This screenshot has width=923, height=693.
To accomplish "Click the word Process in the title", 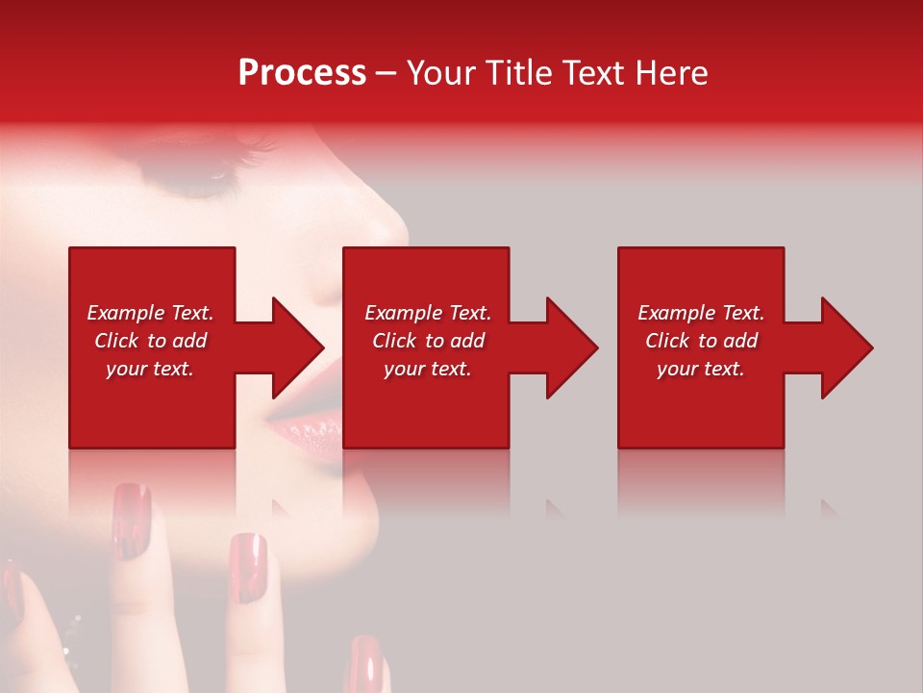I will click(302, 73).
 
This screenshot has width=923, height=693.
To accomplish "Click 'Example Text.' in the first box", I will click(150, 313).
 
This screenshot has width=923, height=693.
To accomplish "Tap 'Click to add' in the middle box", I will click(428, 341).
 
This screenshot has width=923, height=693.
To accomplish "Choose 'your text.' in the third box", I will click(701, 369).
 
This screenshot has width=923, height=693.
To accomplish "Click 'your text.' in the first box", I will click(150, 369).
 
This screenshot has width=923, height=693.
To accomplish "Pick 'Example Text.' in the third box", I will click(701, 313).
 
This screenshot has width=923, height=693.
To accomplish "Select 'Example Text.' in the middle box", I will click(428, 313).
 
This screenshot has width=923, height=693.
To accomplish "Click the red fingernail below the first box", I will click(131, 520).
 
